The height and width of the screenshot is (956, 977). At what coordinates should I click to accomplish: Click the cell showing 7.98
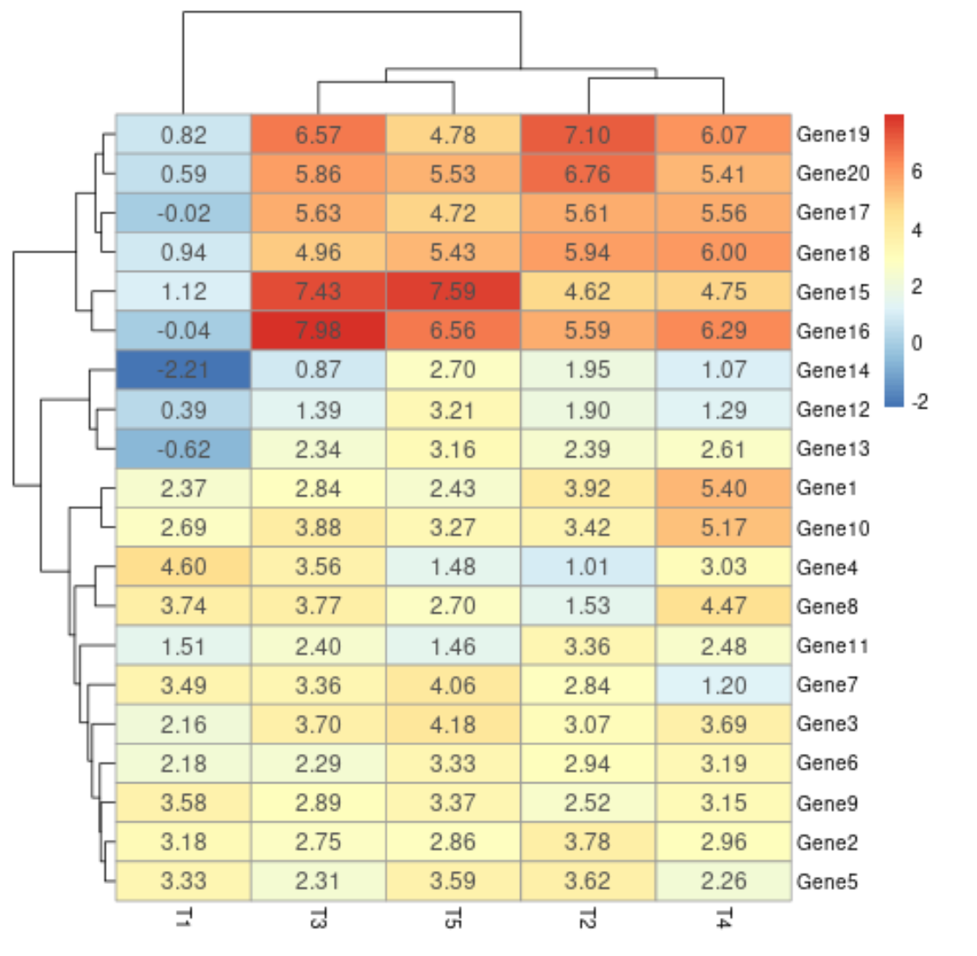[x=317, y=331]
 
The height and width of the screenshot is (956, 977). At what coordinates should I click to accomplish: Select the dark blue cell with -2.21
[x=183, y=370]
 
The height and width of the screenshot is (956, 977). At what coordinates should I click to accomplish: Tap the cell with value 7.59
[x=453, y=291]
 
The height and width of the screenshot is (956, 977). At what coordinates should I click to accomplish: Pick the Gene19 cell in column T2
[x=587, y=135]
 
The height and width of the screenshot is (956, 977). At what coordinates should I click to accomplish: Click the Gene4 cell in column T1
[x=183, y=566]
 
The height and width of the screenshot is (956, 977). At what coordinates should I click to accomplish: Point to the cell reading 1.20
[x=723, y=685]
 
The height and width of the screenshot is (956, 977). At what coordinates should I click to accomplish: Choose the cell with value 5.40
[x=723, y=488]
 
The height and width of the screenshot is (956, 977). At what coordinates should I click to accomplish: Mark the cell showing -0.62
[x=183, y=449]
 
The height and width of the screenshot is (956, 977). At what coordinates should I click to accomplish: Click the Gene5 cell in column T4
[x=723, y=881]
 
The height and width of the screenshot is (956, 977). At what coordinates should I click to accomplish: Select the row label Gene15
[x=832, y=292]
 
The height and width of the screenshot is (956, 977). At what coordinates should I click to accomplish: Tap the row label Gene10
[x=832, y=528]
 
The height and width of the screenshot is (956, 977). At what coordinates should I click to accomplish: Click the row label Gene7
[x=827, y=685]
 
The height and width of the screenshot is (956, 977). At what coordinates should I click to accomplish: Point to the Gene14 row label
[x=832, y=370]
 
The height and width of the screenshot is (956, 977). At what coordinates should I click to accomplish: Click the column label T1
[x=183, y=919]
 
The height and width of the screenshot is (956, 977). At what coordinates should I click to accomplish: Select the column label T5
[x=453, y=919]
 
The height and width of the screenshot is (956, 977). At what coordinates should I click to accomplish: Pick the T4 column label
[x=723, y=919]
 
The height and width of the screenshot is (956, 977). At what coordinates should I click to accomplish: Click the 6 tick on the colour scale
[x=917, y=172]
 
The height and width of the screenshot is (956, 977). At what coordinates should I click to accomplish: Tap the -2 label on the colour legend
[x=919, y=402]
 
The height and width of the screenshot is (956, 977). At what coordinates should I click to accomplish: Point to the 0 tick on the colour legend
[x=917, y=344]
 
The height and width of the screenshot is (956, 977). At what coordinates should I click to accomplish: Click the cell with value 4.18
[x=453, y=724]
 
